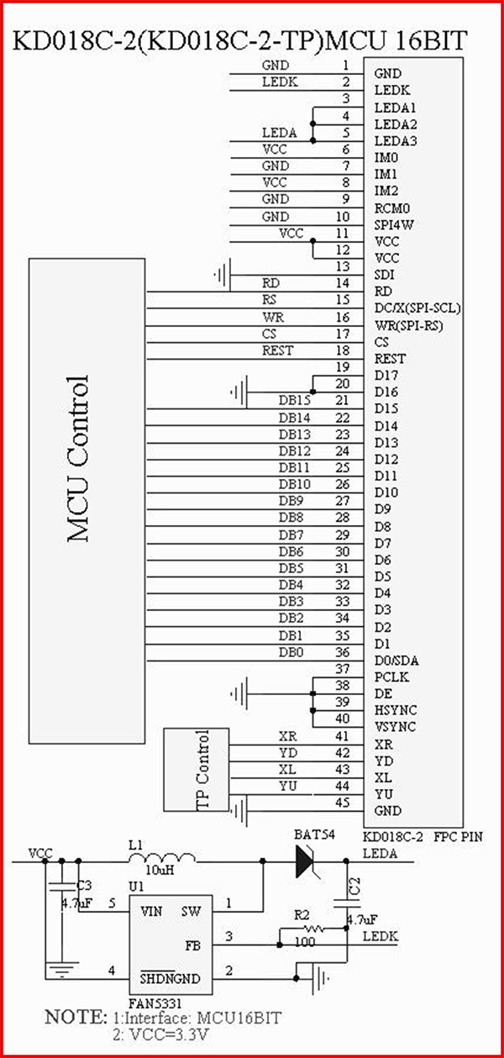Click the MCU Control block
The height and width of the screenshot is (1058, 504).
pos(87,501)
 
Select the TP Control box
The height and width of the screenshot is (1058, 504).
pos(197,770)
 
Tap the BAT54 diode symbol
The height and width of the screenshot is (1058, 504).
pos(305,861)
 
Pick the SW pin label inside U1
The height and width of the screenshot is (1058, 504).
pos(191,911)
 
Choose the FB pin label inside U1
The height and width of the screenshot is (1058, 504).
pos(192,945)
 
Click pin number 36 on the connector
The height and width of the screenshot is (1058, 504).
pos(342,652)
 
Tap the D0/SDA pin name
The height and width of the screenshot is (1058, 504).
pos(396,661)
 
